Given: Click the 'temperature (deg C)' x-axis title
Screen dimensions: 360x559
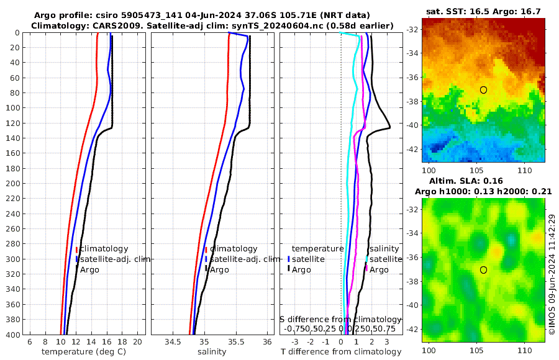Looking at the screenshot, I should click(83, 352).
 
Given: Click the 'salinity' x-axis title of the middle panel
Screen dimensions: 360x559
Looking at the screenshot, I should click(212, 352).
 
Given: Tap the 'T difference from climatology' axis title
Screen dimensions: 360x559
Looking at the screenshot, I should click(340, 352).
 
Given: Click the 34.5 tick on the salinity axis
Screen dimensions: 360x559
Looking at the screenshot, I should click(173, 342).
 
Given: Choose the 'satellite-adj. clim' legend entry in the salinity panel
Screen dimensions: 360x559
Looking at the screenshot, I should click(242, 259).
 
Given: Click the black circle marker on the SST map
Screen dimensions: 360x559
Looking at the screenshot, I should click(483, 90).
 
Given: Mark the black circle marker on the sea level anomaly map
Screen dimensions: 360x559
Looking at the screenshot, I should click(483, 270).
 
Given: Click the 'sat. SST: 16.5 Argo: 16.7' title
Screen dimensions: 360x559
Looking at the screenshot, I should click(483, 11).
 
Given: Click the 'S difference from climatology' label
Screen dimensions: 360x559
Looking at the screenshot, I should click(340, 318).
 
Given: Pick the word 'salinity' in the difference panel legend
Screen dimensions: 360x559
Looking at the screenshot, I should click(384, 248).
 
